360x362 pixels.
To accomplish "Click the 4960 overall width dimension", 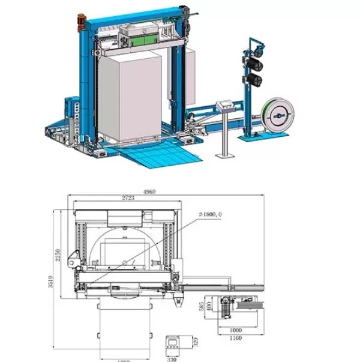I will pyautogui.click(x=149, y=192).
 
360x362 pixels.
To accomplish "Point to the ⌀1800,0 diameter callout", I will pyautogui.click(x=211, y=214).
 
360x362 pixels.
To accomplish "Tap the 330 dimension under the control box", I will pyautogui.click(x=172, y=359).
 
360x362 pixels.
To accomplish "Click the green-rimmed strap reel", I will pyautogui.click(x=278, y=112).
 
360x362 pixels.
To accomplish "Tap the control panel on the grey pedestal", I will pyautogui.click(x=227, y=103).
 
